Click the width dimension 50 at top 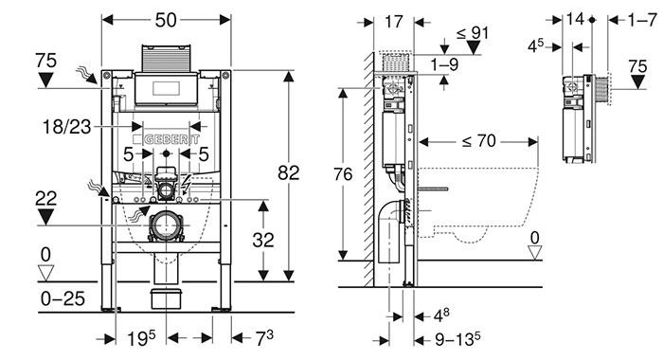[166, 20]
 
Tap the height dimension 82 [288, 172]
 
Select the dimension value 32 [263, 240]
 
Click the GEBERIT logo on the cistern [166, 139]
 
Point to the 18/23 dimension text [67, 127]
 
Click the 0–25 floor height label [63, 298]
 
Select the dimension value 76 [343, 174]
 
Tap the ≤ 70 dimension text [479, 141]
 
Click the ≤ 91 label [473, 32]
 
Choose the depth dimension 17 [394, 22]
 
